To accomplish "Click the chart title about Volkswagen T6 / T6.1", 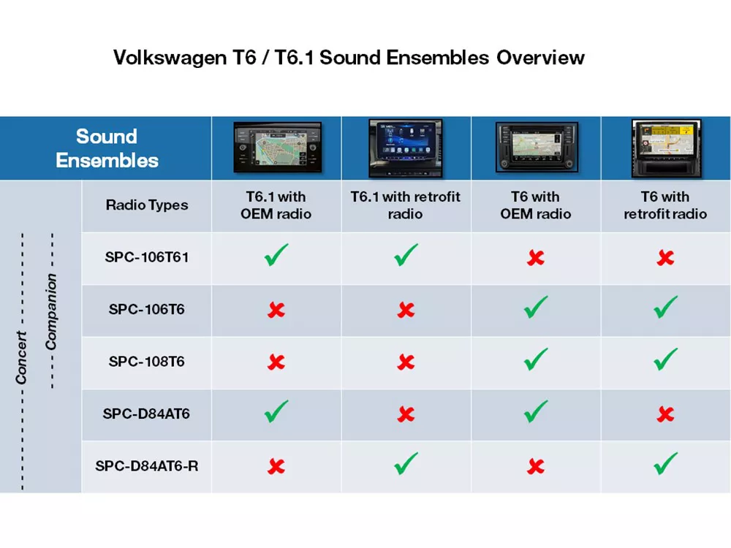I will click(x=349, y=58).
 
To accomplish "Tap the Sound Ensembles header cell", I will click(x=107, y=148).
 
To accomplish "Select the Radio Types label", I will click(x=147, y=205).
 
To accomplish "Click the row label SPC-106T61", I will click(x=147, y=257).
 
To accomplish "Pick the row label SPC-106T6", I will click(x=147, y=310).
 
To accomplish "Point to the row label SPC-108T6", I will click(x=147, y=362).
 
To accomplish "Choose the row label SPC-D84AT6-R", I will click(x=147, y=465).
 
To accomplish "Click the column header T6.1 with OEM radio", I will click(x=276, y=205).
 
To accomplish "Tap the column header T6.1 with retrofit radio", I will click(x=406, y=205).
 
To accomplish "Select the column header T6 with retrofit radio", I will click(x=665, y=205).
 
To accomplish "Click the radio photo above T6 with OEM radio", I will click(x=536, y=148).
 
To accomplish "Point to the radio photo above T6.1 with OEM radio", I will click(x=276, y=148).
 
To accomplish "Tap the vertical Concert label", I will click(x=22, y=358).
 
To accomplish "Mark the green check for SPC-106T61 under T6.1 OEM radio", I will click(x=276, y=256).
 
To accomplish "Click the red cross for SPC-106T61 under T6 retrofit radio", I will click(x=665, y=258).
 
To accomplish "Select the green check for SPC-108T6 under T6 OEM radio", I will click(x=536, y=359).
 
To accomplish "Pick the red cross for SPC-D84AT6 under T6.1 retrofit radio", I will click(x=406, y=414).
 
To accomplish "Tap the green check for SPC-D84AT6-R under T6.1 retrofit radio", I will click(x=406, y=463).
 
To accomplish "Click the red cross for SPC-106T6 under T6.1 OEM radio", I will click(x=276, y=311).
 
